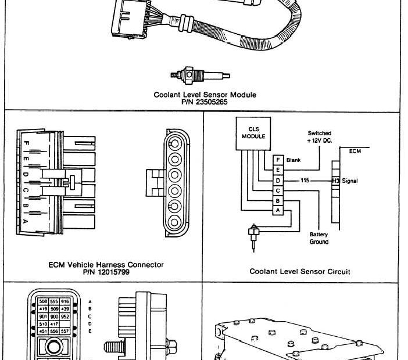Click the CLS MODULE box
coord(253,132)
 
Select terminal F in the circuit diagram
coord(278,159)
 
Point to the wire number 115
coord(305,181)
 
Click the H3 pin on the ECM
coord(336,181)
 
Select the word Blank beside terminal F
coord(293,159)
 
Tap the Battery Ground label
coord(318,238)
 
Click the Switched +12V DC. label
coord(319,137)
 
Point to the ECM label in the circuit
coord(355,151)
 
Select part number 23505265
coord(205,102)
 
